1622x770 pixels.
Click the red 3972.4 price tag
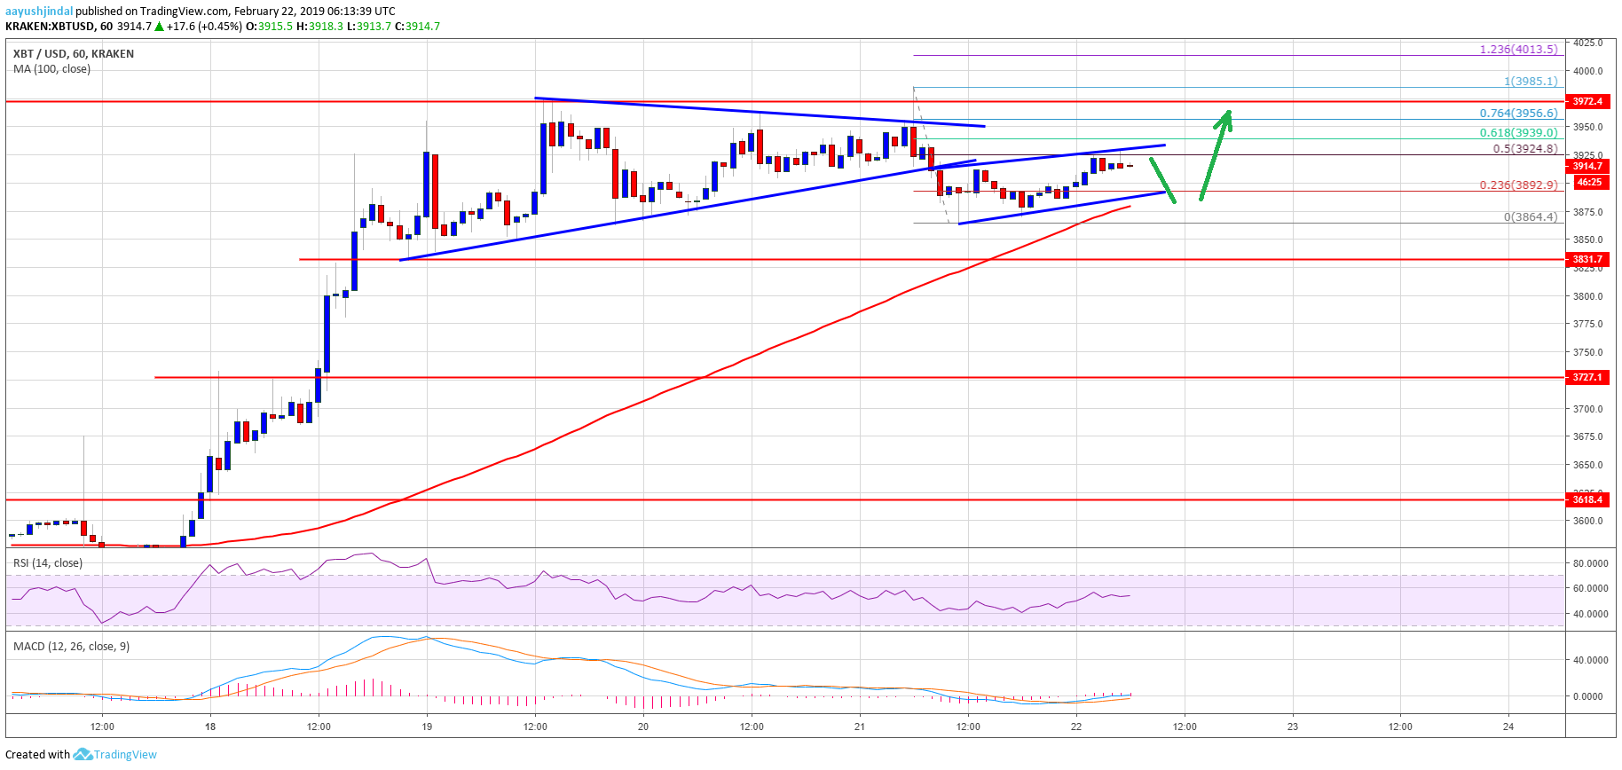click(x=1587, y=101)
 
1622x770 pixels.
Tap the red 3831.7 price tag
click(x=1587, y=259)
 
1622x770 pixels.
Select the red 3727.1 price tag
click(x=1587, y=377)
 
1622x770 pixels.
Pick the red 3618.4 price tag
click(x=1587, y=499)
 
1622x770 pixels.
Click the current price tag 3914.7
click(x=1587, y=166)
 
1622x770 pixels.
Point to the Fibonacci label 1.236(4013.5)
click(x=1518, y=49)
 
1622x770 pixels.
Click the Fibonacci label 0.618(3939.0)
click(x=1518, y=132)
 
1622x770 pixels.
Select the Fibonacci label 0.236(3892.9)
click(x=1518, y=185)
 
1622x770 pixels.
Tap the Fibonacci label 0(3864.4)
click(x=1531, y=216)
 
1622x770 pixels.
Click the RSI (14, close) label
click(x=48, y=562)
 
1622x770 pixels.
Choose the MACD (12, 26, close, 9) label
click(x=71, y=646)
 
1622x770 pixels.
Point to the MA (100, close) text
click(x=51, y=68)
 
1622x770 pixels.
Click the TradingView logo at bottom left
click(x=115, y=754)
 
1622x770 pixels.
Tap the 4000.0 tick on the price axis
click(x=1588, y=71)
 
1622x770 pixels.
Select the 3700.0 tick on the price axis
click(x=1588, y=409)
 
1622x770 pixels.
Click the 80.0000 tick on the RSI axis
click(x=1590, y=563)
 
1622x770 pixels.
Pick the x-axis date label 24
click(x=1508, y=727)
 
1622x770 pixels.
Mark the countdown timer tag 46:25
click(x=1588, y=182)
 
